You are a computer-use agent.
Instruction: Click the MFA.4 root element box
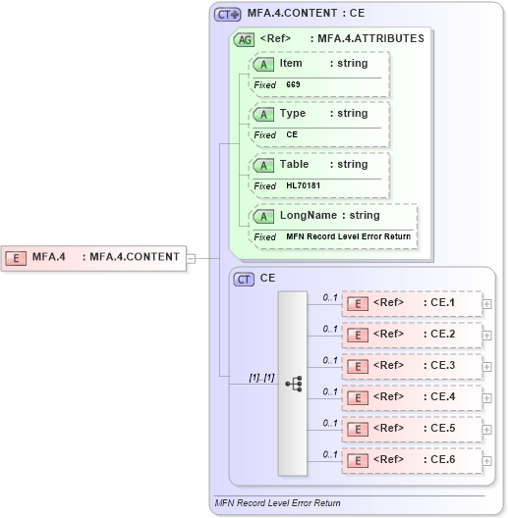pos(94,257)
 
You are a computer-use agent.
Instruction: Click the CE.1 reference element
pos(412,303)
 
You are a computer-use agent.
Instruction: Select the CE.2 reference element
pos(412,335)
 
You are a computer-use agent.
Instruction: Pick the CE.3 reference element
pos(412,366)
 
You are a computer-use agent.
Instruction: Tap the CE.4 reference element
pos(412,397)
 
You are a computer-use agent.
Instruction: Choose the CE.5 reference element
pos(412,429)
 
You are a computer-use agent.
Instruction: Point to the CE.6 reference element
pos(412,460)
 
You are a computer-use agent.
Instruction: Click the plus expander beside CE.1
pos(487,304)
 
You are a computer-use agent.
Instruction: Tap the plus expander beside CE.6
pos(487,461)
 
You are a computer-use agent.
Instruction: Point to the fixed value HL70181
pos(304,185)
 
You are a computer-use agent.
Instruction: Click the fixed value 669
pos(293,84)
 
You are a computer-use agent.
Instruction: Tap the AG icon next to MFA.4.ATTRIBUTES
pos(243,39)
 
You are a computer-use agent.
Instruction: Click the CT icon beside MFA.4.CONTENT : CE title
pos(228,15)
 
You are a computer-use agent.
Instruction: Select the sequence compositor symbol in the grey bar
pos(293,384)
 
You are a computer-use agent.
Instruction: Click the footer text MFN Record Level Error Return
pos(277,503)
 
